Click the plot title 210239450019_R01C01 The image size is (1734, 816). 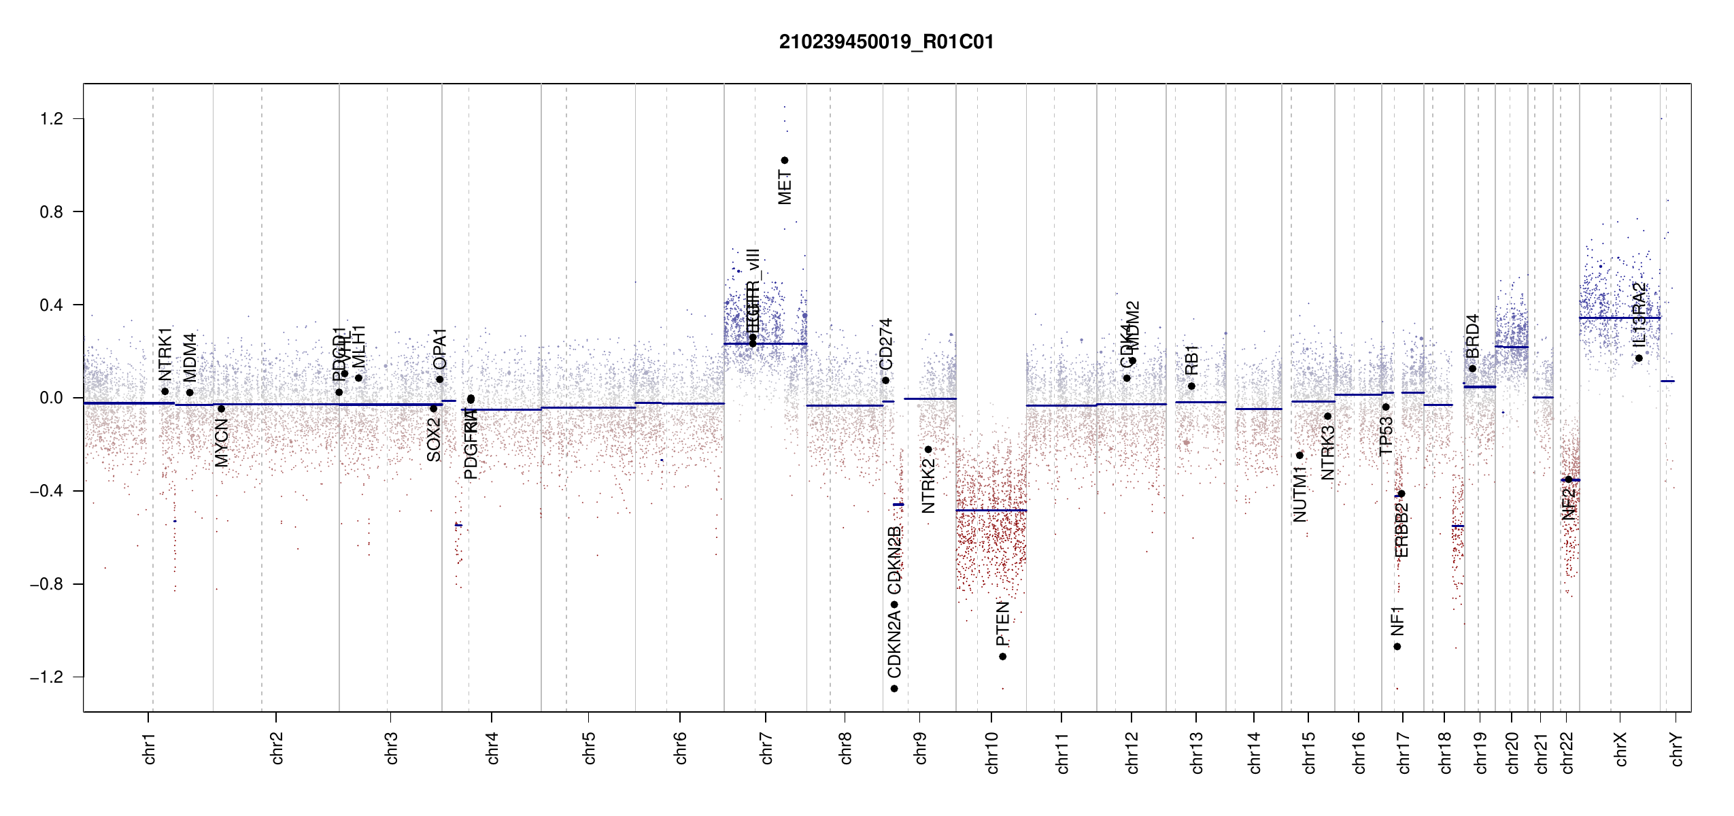click(886, 42)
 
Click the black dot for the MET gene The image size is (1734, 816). click(784, 160)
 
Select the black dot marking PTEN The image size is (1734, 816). click(1002, 656)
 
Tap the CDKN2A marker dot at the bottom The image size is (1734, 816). click(894, 689)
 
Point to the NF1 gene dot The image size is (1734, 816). click(1397, 647)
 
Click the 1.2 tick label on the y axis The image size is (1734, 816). click(51, 119)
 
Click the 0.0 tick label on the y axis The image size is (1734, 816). click(51, 398)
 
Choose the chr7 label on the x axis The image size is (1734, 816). click(766, 748)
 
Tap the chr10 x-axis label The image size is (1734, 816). click(991, 752)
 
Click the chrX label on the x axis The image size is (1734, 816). click(1620, 749)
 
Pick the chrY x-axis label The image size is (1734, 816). click(1676, 749)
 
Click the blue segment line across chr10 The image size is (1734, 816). click(991, 510)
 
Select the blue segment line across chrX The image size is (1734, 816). click(1619, 318)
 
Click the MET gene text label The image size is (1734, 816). click(785, 188)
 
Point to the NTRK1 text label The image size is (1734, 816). click(165, 354)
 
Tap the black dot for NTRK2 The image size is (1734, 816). click(928, 449)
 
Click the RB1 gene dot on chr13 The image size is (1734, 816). click(1191, 386)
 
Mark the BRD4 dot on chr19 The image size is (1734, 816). click(1472, 369)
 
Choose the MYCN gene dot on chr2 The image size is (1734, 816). click(221, 409)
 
